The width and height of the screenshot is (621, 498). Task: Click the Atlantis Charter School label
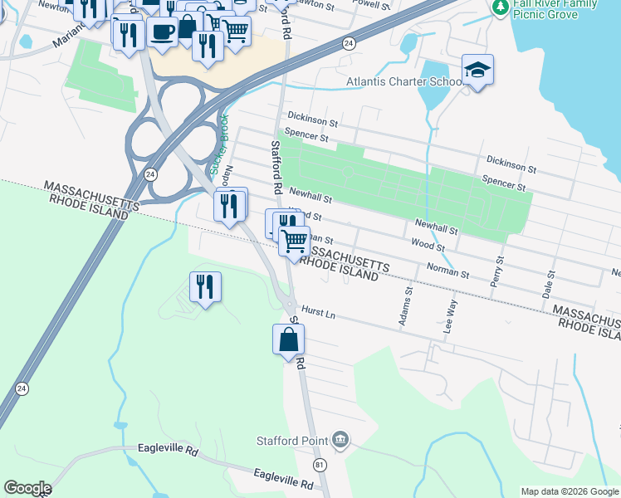click(x=404, y=82)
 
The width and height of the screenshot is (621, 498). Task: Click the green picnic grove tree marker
click(x=500, y=7)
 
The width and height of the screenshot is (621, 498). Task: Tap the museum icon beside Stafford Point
click(x=340, y=438)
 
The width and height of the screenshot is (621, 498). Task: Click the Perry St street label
click(x=498, y=271)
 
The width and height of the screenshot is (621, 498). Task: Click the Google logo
click(x=27, y=488)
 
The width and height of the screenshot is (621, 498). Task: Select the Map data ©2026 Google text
click(x=570, y=491)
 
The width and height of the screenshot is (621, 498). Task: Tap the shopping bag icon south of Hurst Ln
click(x=288, y=339)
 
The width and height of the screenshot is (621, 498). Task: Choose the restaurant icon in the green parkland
click(x=205, y=287)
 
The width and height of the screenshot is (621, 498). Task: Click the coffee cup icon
click(x=162, y=32)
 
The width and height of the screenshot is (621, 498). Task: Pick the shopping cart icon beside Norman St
click(x=294, y=242)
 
